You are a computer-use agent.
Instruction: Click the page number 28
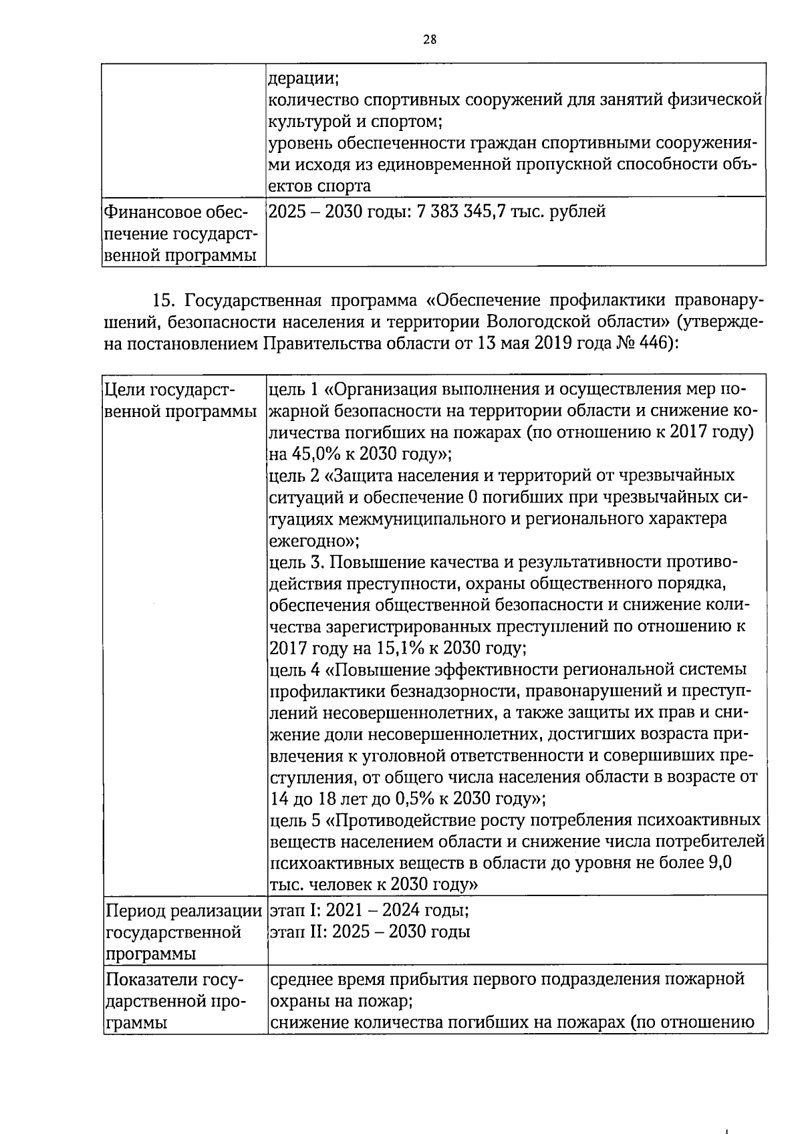pos(430,39)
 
